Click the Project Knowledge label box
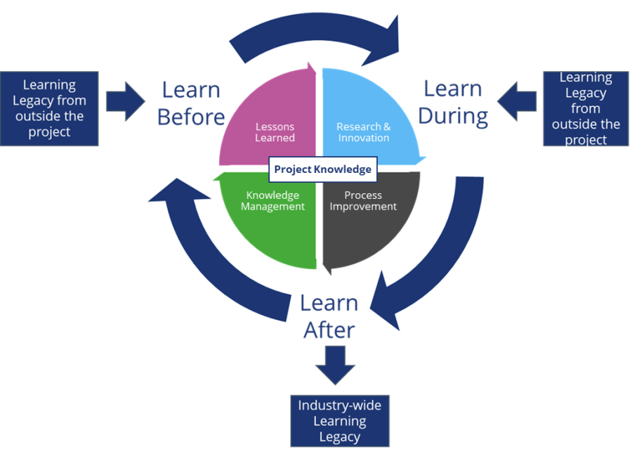322,169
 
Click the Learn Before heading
191,103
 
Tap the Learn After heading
329,316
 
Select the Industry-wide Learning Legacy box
340,421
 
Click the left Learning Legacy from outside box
49,108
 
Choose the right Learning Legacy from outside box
586,108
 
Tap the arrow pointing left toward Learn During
517,101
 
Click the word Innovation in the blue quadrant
363,138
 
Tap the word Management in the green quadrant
272,207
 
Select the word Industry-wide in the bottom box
340,406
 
